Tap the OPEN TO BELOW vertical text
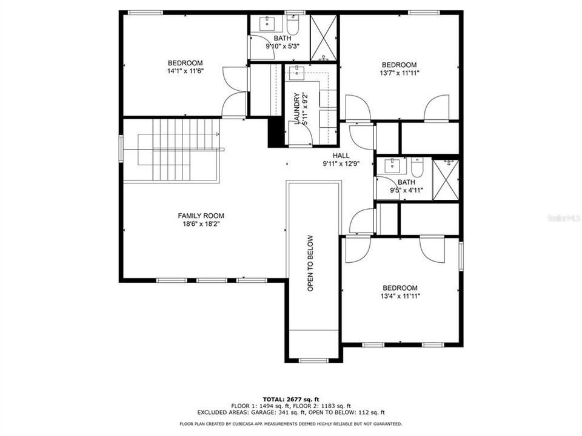click(x=310, y=263)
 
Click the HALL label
click(x=341, y=156)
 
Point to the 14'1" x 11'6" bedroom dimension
click(x=185, y=71)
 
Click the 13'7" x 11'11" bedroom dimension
click(x=398, y=73)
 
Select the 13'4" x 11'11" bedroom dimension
click(x=400, y=296)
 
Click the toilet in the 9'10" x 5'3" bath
click(x=293, y=26)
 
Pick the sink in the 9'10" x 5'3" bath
click(x=267, y=24)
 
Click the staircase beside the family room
click(x=173, y=150)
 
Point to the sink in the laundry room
click(x=296, y=73)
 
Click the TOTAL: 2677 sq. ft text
click(x=290, y=399)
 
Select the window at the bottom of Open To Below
click(x=313, y=360)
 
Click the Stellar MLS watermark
click(x=563, y=216)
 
